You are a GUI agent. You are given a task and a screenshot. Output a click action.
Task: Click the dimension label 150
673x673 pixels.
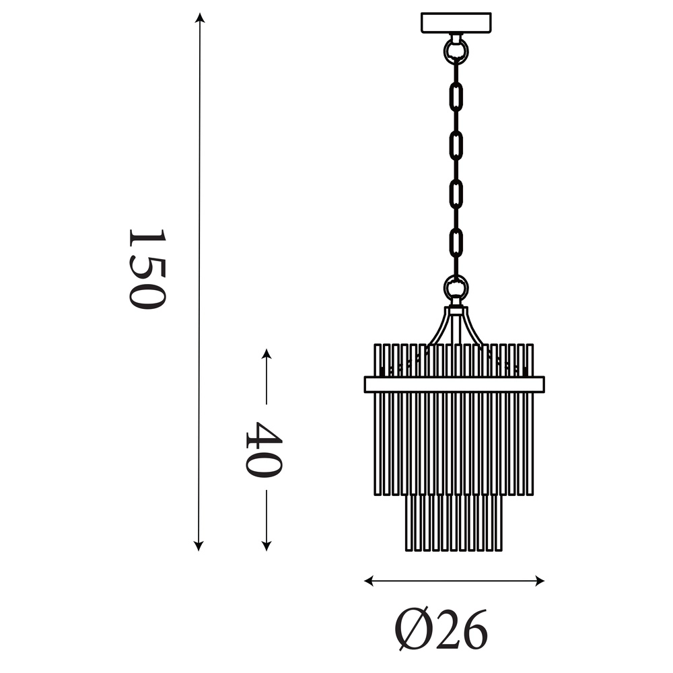(146, 269)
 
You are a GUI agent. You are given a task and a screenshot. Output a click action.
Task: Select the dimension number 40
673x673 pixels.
(262, 449)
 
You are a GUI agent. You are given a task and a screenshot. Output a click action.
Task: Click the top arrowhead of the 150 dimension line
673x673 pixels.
(199, 17)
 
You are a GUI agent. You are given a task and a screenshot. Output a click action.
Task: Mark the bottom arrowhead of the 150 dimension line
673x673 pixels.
(199, 546)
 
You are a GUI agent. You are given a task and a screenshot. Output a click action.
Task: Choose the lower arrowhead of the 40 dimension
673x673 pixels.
(267, 546)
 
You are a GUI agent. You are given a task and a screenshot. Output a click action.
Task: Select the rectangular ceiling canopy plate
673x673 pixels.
(456, 23)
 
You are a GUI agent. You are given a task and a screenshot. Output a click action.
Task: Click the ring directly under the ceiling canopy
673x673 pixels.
(456, 50)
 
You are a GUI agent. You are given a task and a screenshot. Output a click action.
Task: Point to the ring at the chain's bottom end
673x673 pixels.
(456, 289)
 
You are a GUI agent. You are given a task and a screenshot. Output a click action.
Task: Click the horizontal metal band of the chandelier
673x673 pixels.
(454, 384)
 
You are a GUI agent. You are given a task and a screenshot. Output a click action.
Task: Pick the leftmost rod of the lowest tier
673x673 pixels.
(408, 525)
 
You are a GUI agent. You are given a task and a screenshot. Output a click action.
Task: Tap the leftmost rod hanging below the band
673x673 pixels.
(378, 444)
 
